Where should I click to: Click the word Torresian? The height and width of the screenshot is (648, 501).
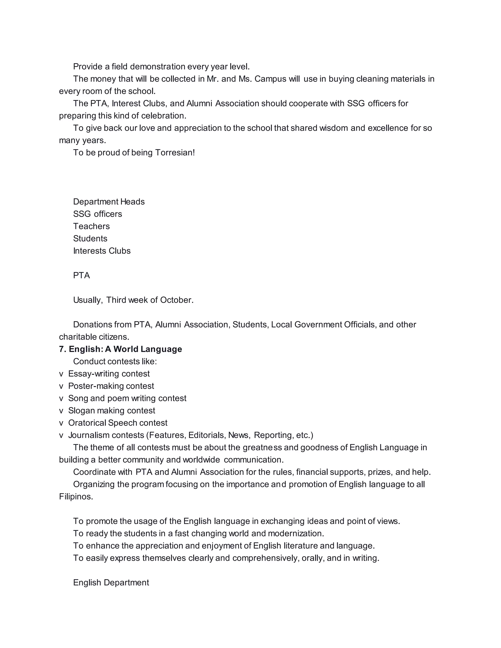(x=175, y=153)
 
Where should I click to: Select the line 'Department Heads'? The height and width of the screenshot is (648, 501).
(x=109, y=202)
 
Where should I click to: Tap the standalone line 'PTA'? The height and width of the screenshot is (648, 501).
(x=81, y=275)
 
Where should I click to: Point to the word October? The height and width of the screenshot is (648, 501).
(x=177, y=300)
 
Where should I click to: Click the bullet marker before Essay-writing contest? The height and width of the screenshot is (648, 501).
(x=61, y=374)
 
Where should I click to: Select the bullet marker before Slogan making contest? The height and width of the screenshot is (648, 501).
(x=61, y=411)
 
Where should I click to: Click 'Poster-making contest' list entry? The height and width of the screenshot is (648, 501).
(x=111, y=386)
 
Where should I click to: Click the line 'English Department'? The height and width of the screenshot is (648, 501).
(x=111, y=582)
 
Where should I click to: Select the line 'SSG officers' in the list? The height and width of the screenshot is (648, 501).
(x=97, y=214)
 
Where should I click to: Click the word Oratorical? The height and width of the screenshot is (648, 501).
(x=87, y=423)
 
